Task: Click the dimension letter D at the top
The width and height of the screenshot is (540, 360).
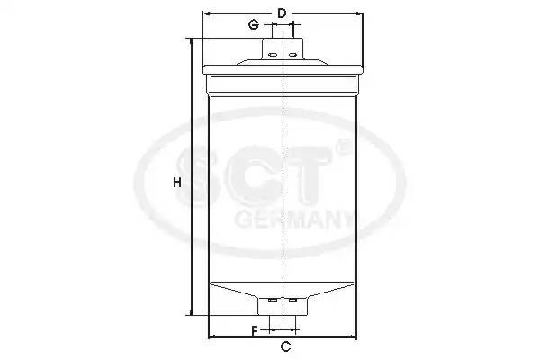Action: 282,13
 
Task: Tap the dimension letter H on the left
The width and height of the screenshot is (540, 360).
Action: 177,183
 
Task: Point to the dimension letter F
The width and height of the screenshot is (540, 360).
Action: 255,331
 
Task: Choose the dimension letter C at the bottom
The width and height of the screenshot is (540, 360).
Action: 284,346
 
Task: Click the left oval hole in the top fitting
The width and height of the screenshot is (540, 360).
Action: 271,53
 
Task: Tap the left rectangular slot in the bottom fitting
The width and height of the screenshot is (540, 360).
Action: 273,300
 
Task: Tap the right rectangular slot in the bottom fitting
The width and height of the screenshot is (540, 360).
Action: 292,300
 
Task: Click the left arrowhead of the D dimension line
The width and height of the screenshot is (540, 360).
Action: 206,14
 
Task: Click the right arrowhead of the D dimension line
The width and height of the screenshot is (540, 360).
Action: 360,14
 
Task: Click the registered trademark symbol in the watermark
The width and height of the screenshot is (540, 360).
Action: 341,145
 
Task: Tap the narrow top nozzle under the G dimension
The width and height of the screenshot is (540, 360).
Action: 283,34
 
